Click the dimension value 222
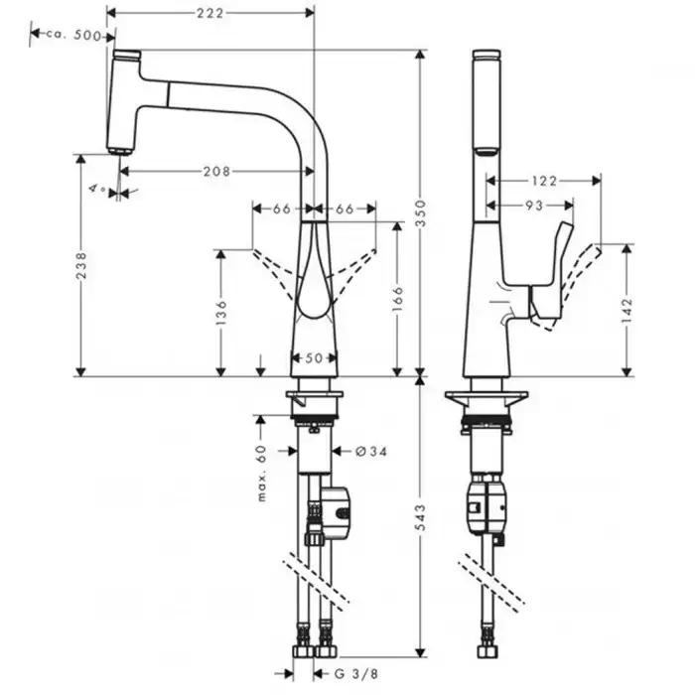(x=208, y=13)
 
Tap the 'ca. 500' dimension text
(x=71, y=35)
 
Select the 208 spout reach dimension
(x=216, y=171)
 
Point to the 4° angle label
(x=96, y=188)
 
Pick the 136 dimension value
(x=221, y=312)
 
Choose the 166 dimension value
(x=397, y=299)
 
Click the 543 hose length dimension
(x=420, y=515)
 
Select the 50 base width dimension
(x=314, y=357)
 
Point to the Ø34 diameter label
(x=370, y=451)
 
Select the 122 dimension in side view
(x=544, y=181)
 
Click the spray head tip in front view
(x=120, y=150)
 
